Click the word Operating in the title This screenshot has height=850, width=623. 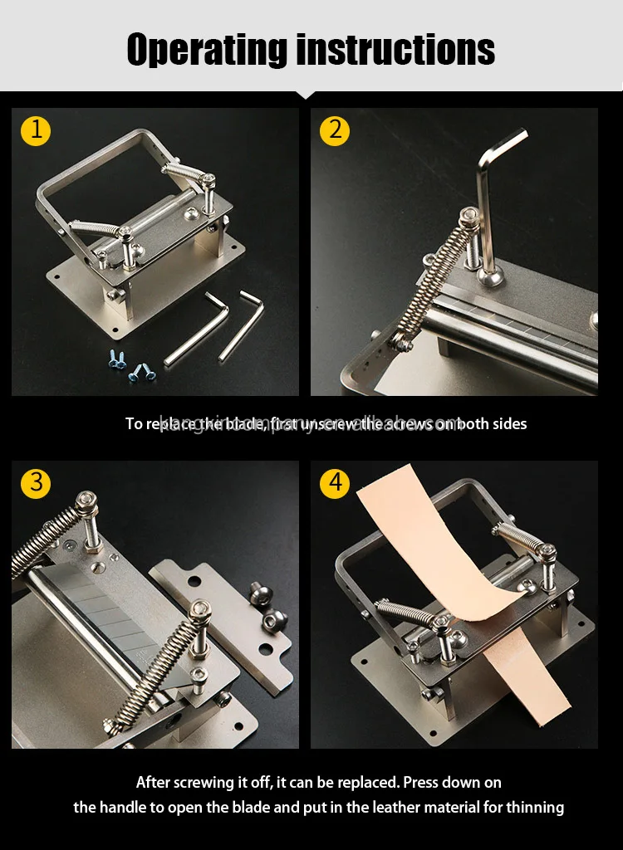coord(208,50)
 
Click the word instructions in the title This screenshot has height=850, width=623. coord(395,50)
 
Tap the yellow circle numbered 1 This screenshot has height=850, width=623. coord(36,130)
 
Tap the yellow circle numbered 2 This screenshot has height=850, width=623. coord(335,130)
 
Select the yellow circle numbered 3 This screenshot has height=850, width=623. coord(36,483)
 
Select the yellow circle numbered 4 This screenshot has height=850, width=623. coord(335,483)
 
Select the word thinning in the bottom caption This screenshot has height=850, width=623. coord(536,807)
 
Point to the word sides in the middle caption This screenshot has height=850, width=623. coord(508,423)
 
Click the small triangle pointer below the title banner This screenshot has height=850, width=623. coord(311,95)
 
